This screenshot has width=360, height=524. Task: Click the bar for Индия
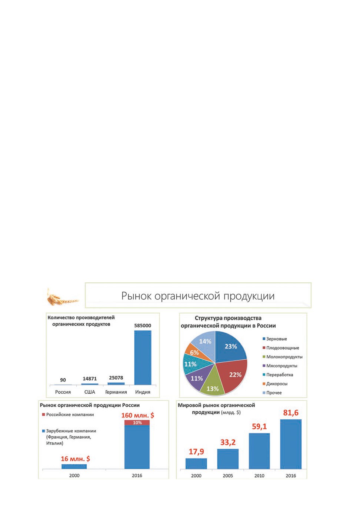point(143,357)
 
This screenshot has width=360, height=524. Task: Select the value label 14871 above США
point(90,379)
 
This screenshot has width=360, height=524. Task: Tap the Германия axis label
point(116,392)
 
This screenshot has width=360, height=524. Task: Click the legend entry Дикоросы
point(275,384)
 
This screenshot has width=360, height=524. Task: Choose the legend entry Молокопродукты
point(282,357)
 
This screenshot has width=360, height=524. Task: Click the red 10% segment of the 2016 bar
point(137,423)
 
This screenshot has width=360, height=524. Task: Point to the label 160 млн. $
point(138,415)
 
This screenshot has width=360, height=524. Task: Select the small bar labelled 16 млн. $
point(74,466)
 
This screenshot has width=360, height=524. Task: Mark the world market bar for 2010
point(259,451)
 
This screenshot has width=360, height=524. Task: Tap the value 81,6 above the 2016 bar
point(291,413)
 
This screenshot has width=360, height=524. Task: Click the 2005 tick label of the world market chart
point(228,476)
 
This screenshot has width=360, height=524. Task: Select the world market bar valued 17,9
point(196,464)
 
